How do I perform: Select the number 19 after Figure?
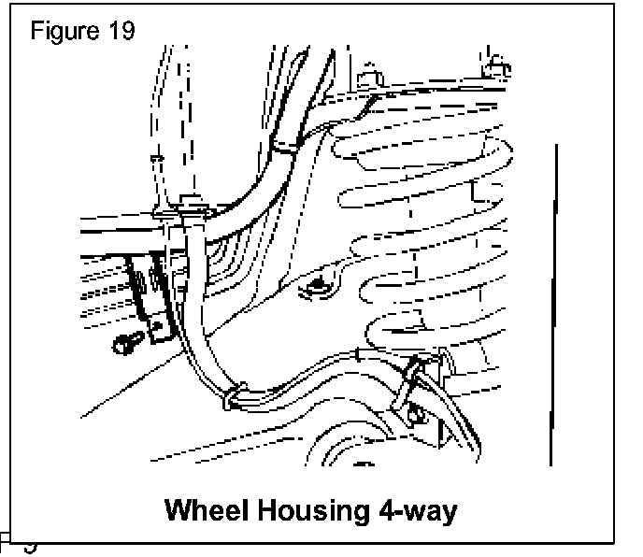pos(121,30)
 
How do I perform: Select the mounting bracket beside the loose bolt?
pos(154,308)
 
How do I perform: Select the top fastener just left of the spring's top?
pos(371,77)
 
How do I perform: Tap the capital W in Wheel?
pos(178,510)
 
